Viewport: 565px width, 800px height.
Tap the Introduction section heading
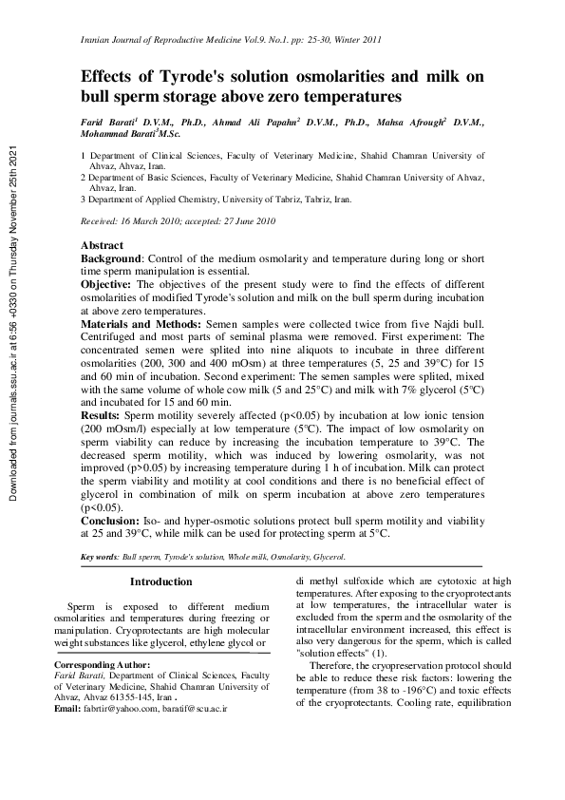point(160,581)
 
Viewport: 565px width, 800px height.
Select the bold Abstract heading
point(102,245)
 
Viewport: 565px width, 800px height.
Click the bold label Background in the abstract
point(110,258)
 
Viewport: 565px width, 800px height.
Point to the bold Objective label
point(107,284)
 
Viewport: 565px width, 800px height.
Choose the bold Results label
point(100,416)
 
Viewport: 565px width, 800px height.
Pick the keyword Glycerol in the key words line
point(329,556)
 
